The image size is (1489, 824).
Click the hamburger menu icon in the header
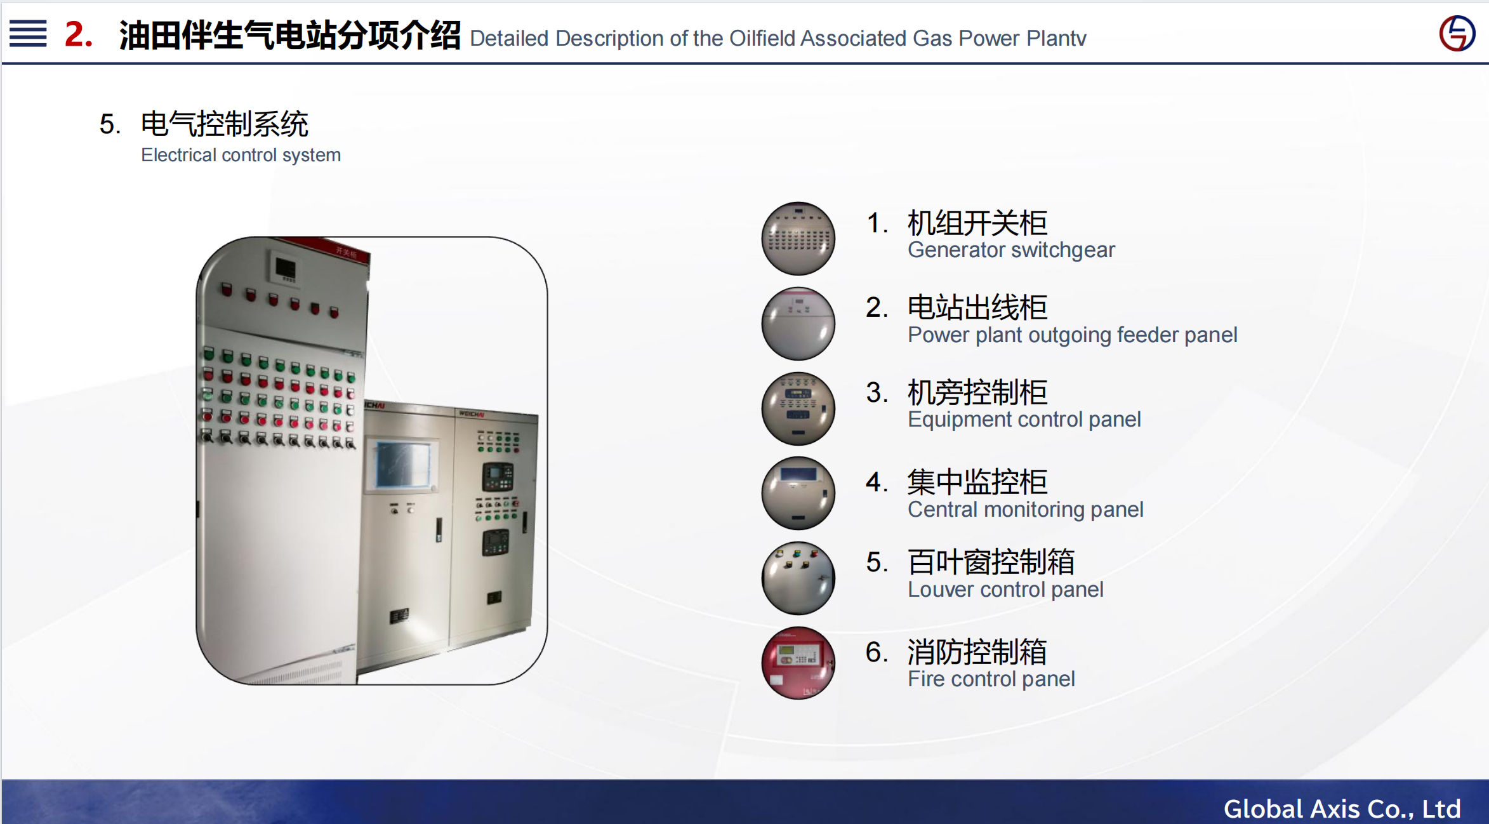click(28, 34)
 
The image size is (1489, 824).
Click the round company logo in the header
click(1457, 33)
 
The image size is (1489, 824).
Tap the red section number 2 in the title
click(79, 34)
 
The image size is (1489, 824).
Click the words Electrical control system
click(241, 155)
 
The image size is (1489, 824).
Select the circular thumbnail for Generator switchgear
click(798, 239)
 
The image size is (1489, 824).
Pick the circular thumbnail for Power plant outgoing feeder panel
click(798, 324)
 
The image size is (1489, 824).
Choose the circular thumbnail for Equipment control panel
click(798, 408)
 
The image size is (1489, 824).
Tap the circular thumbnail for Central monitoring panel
click(798, 493)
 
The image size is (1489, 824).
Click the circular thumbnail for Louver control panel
click(798, 578)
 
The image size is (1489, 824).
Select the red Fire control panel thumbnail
click(798, 663)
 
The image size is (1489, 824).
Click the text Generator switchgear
click(1011, 250)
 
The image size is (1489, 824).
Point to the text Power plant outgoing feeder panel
click(1073, 335)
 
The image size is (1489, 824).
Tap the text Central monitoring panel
click(1026, 509)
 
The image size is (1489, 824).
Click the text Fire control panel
click(991, 679)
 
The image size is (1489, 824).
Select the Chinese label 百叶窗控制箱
click(991, 562)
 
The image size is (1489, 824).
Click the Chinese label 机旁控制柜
click(977, 392)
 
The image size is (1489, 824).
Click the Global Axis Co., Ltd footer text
click(1342, 809)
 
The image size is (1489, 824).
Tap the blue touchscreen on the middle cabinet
click(403, 465)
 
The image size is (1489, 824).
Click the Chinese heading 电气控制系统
click(225, 124)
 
